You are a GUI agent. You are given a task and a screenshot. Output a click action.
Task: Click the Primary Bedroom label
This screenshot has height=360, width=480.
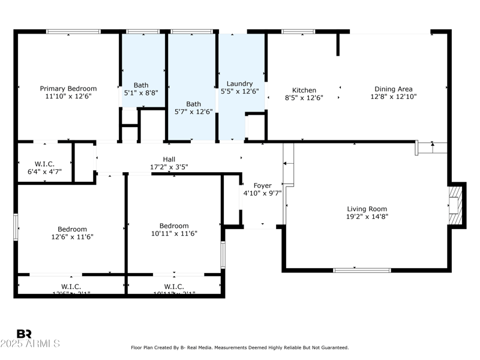pos(68,89)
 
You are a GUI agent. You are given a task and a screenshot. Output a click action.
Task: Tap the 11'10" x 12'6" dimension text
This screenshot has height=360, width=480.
pos(68,97)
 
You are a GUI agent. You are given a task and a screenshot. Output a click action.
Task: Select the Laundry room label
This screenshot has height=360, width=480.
pos(239,84)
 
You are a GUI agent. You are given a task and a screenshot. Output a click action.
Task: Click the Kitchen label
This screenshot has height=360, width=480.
pos(304,90)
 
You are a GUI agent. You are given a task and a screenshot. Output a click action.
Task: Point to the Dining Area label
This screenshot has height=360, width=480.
pos(393,89)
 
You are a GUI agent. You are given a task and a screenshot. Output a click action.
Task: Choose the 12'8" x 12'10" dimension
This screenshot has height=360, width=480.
pos(393,97)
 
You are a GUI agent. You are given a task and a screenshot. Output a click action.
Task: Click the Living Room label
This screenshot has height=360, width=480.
pos(367,209)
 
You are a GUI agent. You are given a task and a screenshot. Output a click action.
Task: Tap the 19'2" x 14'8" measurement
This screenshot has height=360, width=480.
pos(367,217)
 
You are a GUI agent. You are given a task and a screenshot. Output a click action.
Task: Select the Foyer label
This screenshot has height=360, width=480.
pos(262,185)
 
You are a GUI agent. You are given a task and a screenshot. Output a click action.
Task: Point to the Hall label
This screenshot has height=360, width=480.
pos(169,159)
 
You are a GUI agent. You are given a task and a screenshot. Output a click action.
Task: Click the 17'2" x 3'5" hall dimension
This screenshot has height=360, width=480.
pos(169,167)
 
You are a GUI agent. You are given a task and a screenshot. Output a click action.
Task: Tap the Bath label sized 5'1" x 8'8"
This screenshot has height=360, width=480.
pos(141,85)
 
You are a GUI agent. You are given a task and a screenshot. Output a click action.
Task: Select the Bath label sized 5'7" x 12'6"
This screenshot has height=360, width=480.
pos(193,104)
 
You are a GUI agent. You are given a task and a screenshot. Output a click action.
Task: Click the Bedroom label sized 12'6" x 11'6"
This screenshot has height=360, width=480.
pos(72,229)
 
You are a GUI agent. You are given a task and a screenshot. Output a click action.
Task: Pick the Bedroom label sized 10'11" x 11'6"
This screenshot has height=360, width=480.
pos(174,226)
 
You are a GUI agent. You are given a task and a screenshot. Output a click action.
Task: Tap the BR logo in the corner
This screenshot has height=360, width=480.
pos(24,334)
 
